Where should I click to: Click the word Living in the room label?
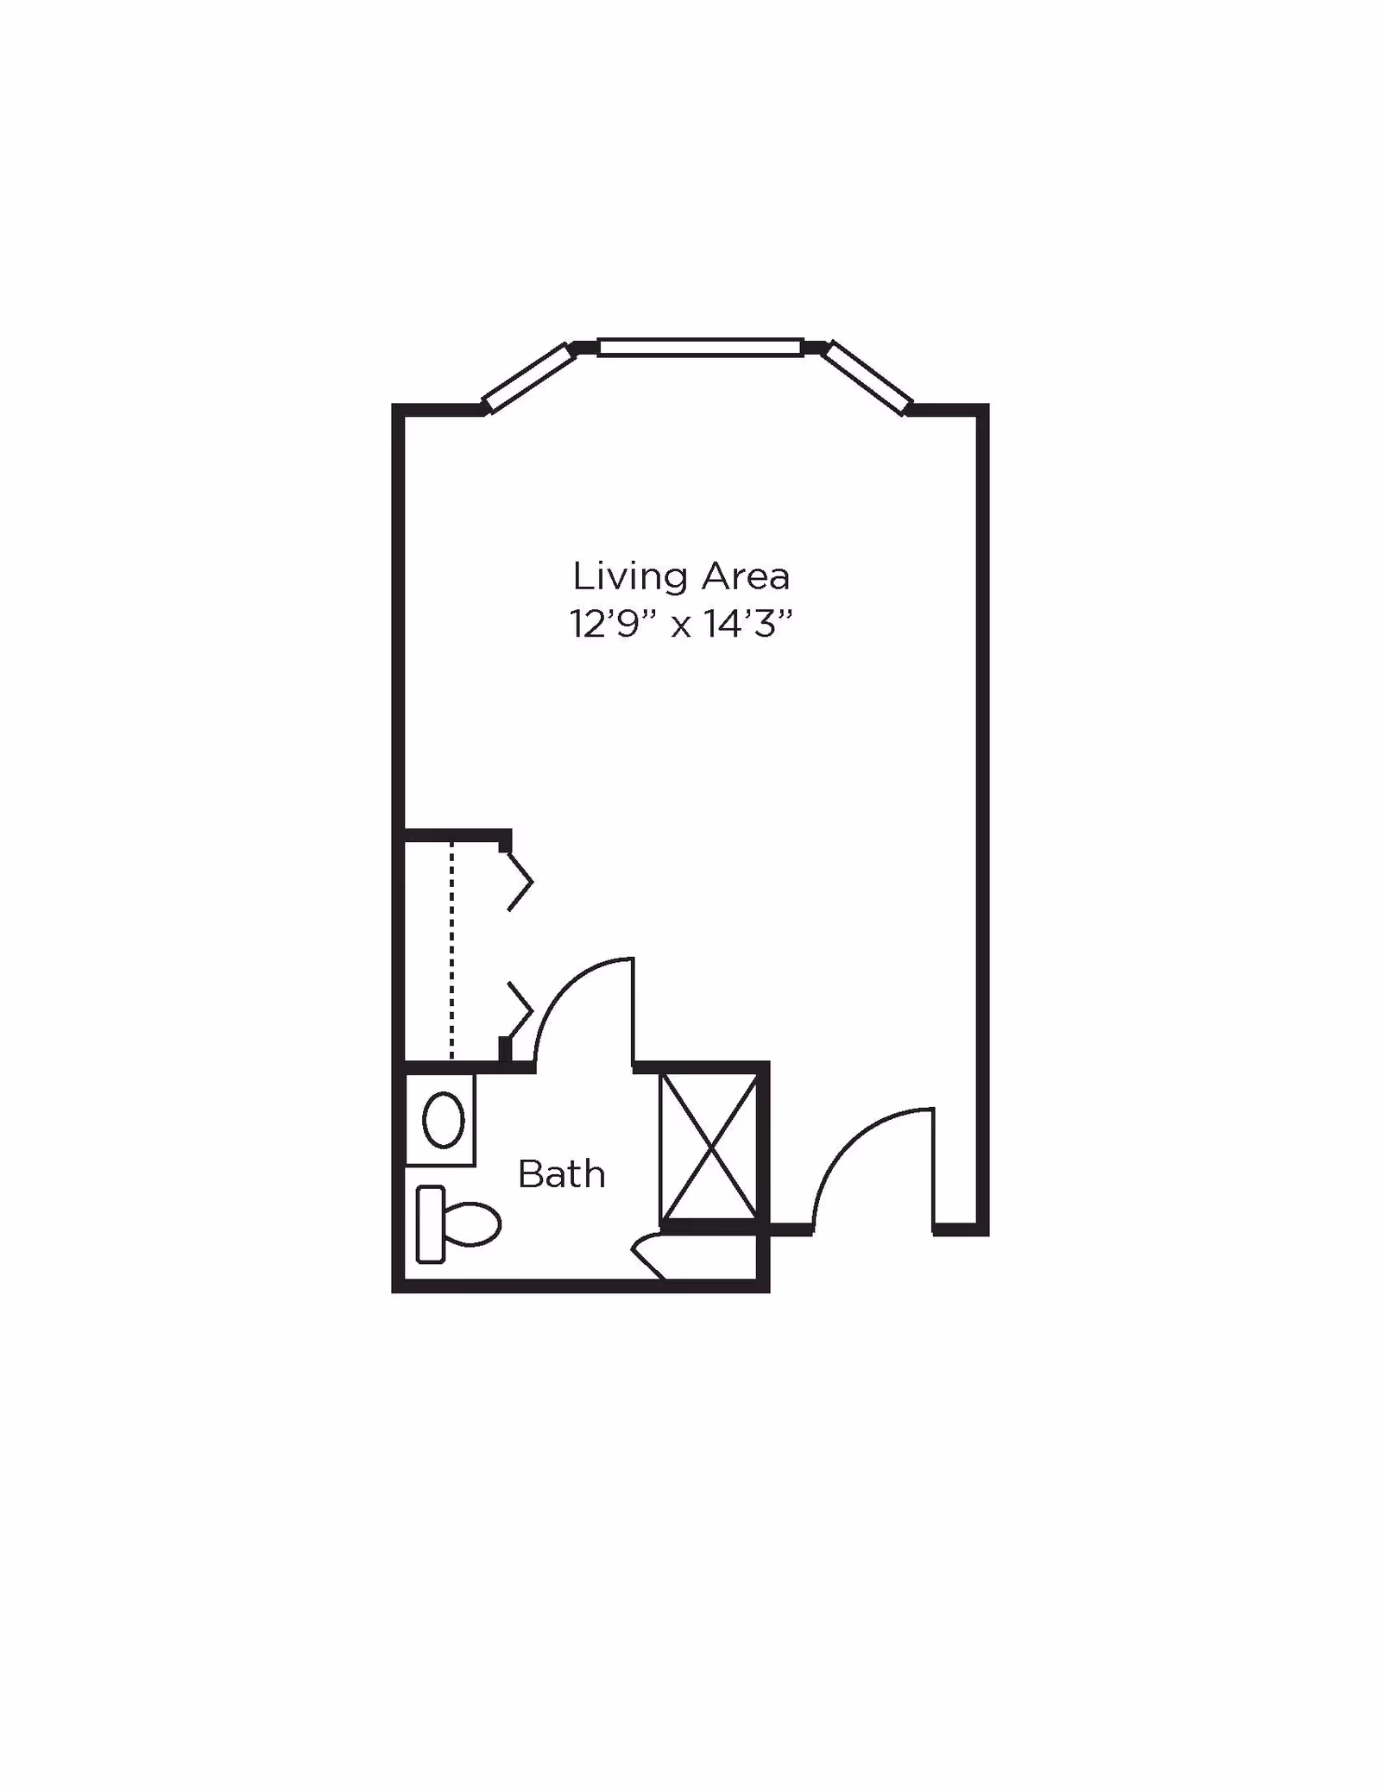tap(631, 577)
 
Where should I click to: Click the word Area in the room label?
tap(746, 577)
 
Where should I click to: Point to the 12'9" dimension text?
tap(614, 624)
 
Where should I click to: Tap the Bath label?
tap(561, 1175)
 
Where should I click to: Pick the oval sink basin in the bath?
tap(443, 1120)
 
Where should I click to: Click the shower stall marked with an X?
tap(709, 1148)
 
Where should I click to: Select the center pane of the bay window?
tap(700, 348)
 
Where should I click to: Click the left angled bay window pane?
tap(529, 377)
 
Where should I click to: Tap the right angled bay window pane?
tap(867, 377)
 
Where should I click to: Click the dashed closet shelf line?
tap(451, 949)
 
